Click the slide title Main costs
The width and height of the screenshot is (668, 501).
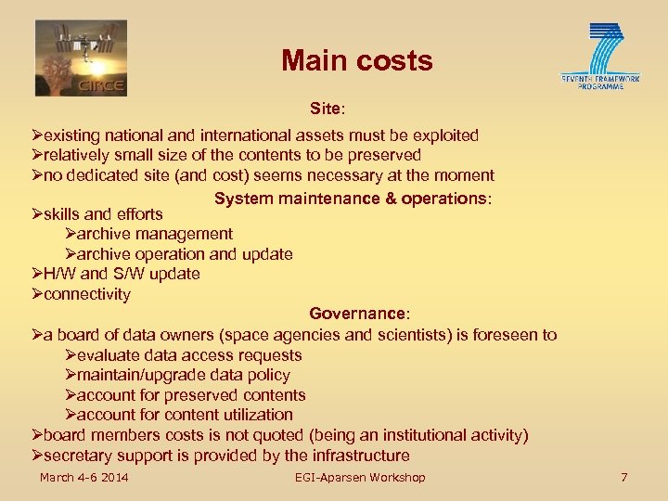point(357,61)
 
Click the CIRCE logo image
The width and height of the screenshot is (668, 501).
point(81,58)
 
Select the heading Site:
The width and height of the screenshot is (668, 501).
point(327,109)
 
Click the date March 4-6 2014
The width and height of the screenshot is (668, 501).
point(83,478)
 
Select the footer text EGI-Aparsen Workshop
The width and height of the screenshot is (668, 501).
point(360,478)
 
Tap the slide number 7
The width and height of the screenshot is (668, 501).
point(623,478)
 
